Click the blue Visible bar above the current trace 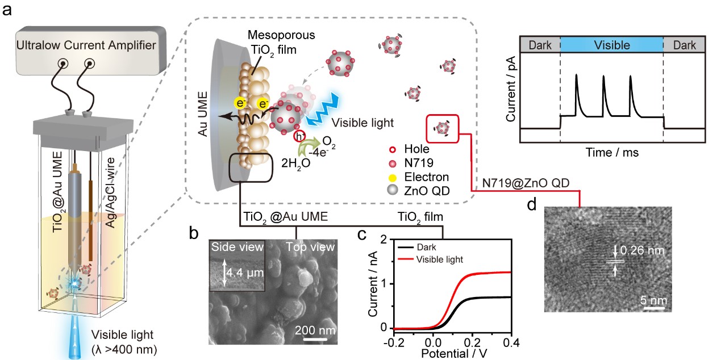pos(611,44)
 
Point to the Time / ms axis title pos(611,152)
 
